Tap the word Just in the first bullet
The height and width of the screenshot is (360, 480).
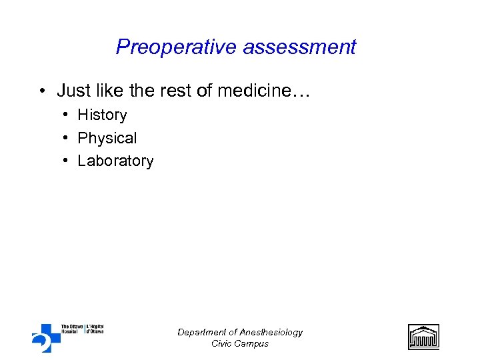tap(73, 90)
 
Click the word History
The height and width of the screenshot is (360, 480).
tap(102, 115)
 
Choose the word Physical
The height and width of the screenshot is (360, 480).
tap(107, 138)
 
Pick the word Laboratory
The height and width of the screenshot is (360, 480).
tap(115, 161)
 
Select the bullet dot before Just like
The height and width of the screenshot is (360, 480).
tap(42, 90)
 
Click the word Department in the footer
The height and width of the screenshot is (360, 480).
tap(200, 332)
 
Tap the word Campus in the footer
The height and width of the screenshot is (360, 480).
tap(253, 343)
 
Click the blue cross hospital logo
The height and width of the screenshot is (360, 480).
tap(46, 337)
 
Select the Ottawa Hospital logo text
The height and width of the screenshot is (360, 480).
tap(82, 329)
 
